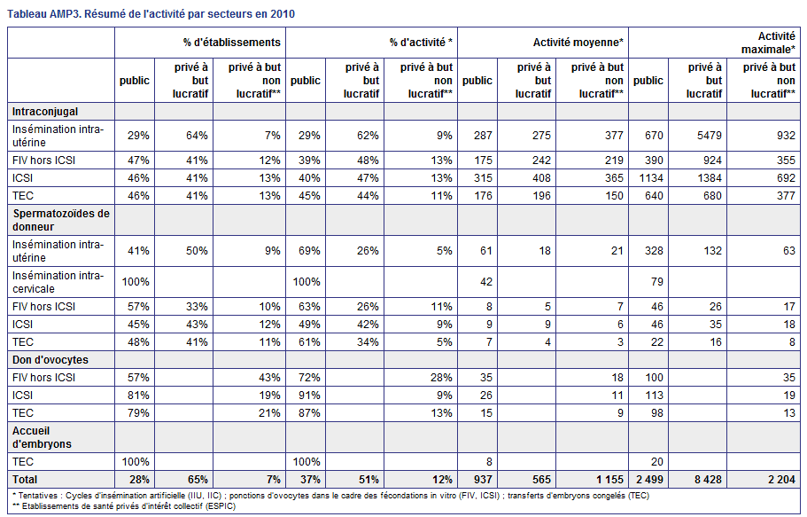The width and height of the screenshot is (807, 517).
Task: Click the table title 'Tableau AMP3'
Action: [43, 14]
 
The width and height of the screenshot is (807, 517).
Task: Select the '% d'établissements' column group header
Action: [231, 43]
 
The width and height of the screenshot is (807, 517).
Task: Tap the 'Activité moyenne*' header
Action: [578, 43]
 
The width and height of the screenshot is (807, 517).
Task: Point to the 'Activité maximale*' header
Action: [768, 43]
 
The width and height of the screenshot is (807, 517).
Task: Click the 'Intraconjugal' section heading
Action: [45, 112]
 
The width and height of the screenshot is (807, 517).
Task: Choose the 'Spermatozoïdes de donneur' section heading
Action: [61, 220]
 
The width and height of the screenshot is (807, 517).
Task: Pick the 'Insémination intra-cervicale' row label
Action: [58, 282]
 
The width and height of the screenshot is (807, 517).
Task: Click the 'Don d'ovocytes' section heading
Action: [50, 360]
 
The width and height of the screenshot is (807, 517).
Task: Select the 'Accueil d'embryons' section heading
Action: [42, 437]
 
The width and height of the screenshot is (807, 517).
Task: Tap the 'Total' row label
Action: [25, 480]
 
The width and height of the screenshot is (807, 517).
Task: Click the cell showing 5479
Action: [709, 136]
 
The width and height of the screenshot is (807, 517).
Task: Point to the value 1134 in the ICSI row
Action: [650, 178]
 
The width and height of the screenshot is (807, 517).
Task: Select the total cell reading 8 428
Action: [708, 480]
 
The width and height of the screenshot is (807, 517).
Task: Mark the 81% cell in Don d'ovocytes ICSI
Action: [138, 396]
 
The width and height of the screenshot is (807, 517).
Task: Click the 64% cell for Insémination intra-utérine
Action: [197, 136]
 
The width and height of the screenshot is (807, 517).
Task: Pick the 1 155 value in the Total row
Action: [609, 480]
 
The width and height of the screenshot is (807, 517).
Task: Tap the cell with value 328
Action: [654, 251]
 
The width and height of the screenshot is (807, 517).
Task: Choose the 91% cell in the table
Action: [309, 396]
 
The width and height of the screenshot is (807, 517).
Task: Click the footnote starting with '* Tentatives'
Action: [330, 496]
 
